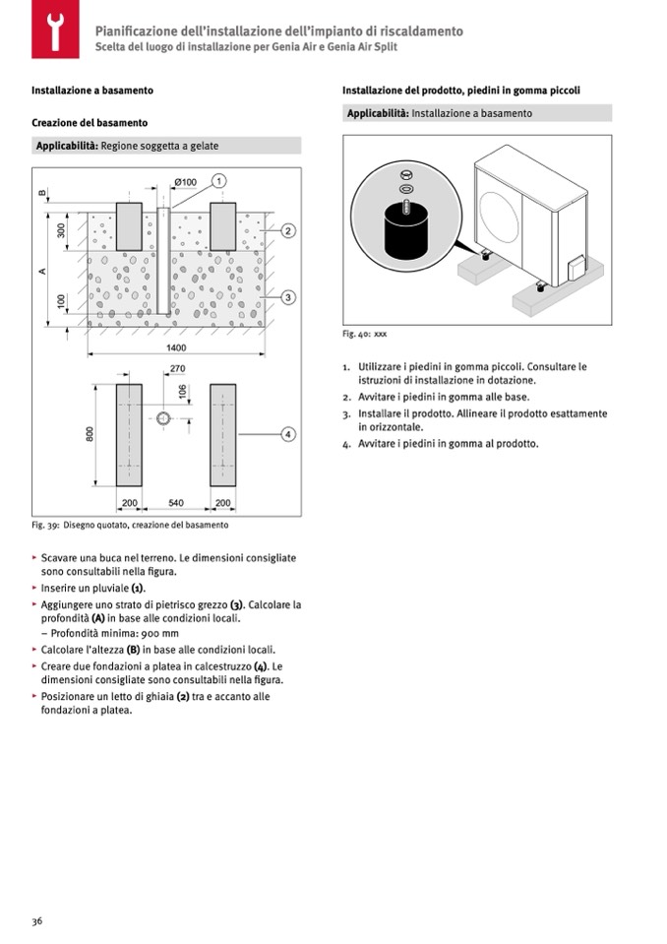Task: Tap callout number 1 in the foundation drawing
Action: click(x=218, y=181)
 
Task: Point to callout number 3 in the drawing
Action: click(x=288, y=296)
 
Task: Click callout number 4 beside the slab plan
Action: click(x=288, y=434)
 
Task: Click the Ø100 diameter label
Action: click(x=185, y=182)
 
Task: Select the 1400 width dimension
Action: click(x=175, y=348)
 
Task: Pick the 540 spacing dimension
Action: click(x=176, y=503)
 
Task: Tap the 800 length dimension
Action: click(x=89, y=434)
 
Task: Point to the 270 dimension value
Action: click(x=177, y=369)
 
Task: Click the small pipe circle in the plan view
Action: click(x=163, y=418)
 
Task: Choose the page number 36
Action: click(x=36, y=921)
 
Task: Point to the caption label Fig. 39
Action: click(x=47, y=525)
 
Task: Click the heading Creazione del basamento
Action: click(x=90, y=123)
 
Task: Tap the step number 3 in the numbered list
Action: click(x=346, y=414)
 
